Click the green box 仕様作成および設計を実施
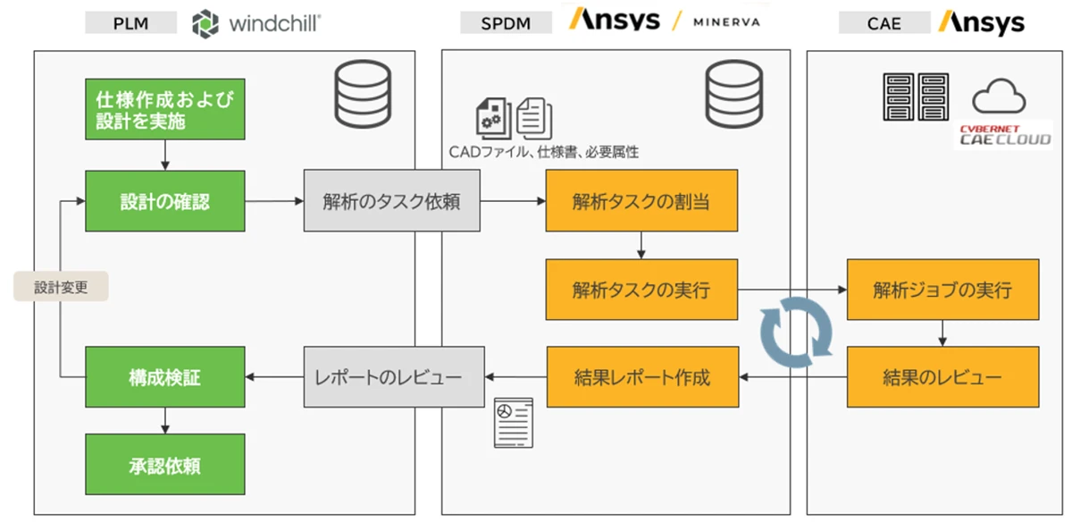[x=164, y=109]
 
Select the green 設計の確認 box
[x=164, y=201]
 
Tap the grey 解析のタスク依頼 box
[x=394, y=201]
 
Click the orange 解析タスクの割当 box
[x=641, y=201]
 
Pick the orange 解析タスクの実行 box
[x=641, y=290]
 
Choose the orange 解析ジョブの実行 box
[x=942, y=290]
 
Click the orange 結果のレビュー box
[x=942, y=377]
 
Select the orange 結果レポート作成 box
[x=641, y=377]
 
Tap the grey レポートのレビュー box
[x=394, y=377]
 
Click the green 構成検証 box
[x=164, y=377]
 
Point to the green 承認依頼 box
[x=164, y=465]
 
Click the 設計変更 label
[x=61, y=287]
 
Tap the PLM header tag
[x=130, y=22]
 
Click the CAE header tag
[x=884, y=22]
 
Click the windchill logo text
[x=275, y=22]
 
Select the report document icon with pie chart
[x=513, y=422]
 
